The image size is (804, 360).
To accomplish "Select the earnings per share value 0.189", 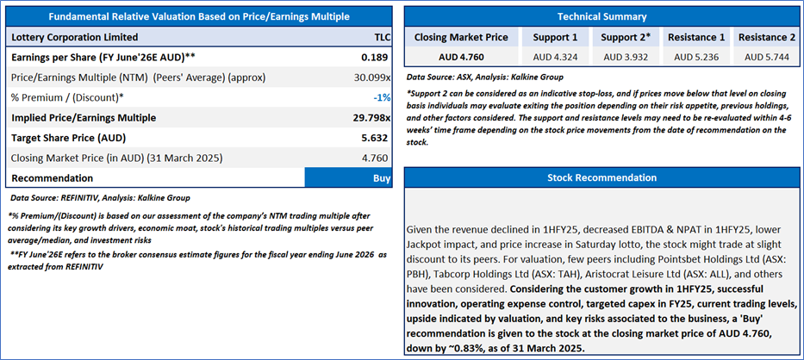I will tap(377, 57).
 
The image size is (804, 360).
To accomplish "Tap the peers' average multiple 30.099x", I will tap(372, 77).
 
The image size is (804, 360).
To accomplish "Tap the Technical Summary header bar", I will tap(601, 16).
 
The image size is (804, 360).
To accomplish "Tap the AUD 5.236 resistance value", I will tap(697, 57).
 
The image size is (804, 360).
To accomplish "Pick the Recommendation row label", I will tap(52, 178).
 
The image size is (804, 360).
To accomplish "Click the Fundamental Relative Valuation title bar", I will tap(199, 16).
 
